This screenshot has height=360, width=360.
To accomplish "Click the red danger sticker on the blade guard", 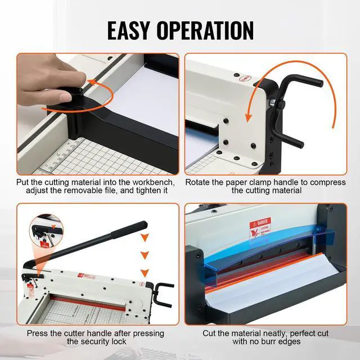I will click(259, 227).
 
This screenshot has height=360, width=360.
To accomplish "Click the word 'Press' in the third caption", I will click(39, 333).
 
